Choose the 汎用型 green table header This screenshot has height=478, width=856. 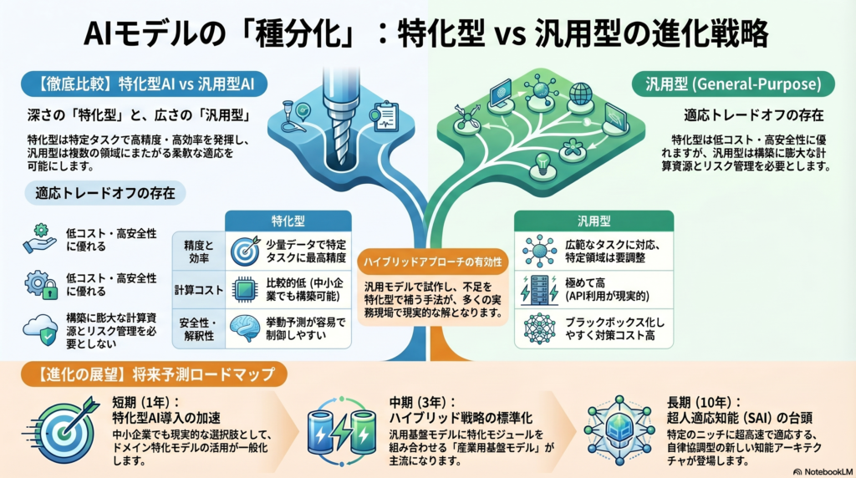[x=594, y=222]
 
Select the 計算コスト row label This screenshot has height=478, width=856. [x=198, y=288]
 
